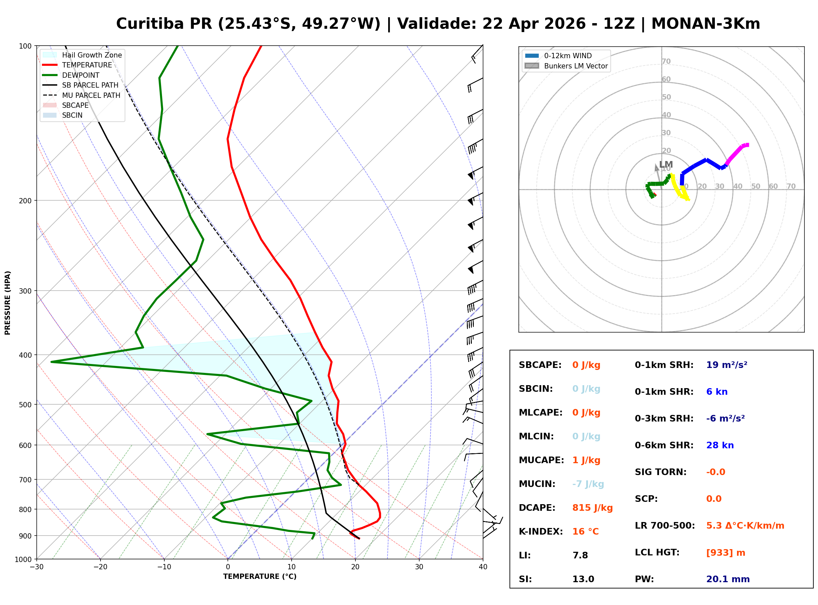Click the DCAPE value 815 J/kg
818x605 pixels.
pyautogui.click(x=592, y=507)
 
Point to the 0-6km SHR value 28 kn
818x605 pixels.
pyautogui.click(x=719, y=445)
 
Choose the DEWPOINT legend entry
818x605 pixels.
pyautogui.click(x=81, y=75)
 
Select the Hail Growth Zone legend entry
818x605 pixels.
pyautogui.click(x=92, y=55)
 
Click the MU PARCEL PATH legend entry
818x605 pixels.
pyautogui.click(x=91, y=95)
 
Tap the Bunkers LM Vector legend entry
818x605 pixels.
pyautogui.click(x=575, y=66)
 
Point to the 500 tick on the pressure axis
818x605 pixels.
pyautogui.click(x=25, y=405)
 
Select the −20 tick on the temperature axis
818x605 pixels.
pyautogui.click(x=100, y=567)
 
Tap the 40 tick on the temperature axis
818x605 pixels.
pyautogui.click(x=483, y=567)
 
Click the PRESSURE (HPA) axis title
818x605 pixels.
pyautogui.click(x=7, y=302)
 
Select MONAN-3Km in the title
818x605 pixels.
pyautogui.click(x=706, y=24)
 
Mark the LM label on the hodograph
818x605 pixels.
pyautogui.click(x=666, y=164)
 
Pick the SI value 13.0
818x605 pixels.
pyautogui.click(x=583, y=579)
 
